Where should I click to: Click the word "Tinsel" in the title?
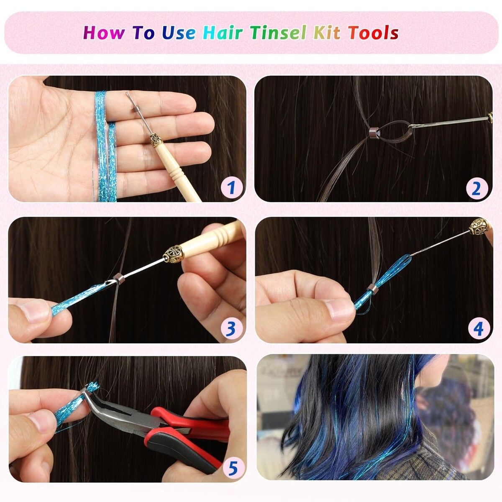click(x=279, y=33)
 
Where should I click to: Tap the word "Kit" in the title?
click(x=327, y=33)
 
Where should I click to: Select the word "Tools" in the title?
click(x=373, y=33)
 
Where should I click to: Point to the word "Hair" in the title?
click(x=223, y=33)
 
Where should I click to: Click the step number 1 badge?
click(x=231, y=187)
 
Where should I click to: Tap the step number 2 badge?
click(x=476, y=188)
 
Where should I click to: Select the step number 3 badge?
click(x=231, y=329)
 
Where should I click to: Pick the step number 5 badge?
click(x=233, y=469)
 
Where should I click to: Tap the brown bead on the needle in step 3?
click(x=119, y=279)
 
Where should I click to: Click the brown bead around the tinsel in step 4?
click(x=372, y=289)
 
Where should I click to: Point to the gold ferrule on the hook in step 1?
click(x=156, y=140)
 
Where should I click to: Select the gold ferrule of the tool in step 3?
click(x=174, y=254)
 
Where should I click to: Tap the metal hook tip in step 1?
click(x=127, y=94)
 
